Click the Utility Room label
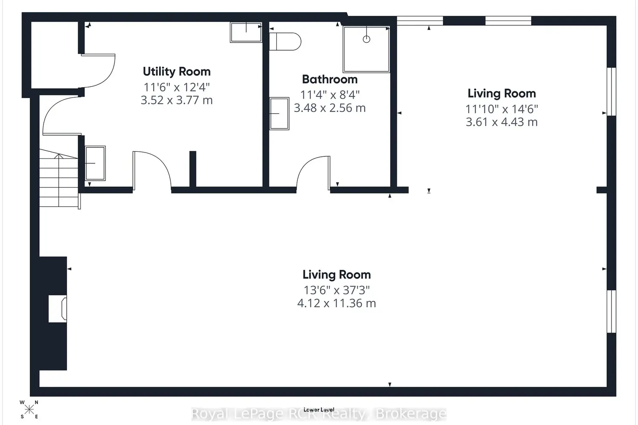click(177, 71)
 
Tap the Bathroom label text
click(330, 79)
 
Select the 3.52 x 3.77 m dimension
click(177, 100)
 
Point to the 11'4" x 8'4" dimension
click(330, 95)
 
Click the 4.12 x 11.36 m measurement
click(337, 303)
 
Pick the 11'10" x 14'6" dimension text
click(501, 109)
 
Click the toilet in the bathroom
click(285, 42)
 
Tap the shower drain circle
click(367, 39)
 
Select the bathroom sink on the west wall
click(279, 113)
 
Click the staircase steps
click(59, 179)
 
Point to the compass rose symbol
click(29, 410)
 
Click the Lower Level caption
click(319, 410)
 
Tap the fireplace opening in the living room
click(57, 309)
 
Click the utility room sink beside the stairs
click(95, 163)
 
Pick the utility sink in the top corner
click(246, 32)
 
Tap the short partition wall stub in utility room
click(193, 169)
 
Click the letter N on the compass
click(37, 402)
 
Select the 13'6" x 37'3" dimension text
click(337, 290)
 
